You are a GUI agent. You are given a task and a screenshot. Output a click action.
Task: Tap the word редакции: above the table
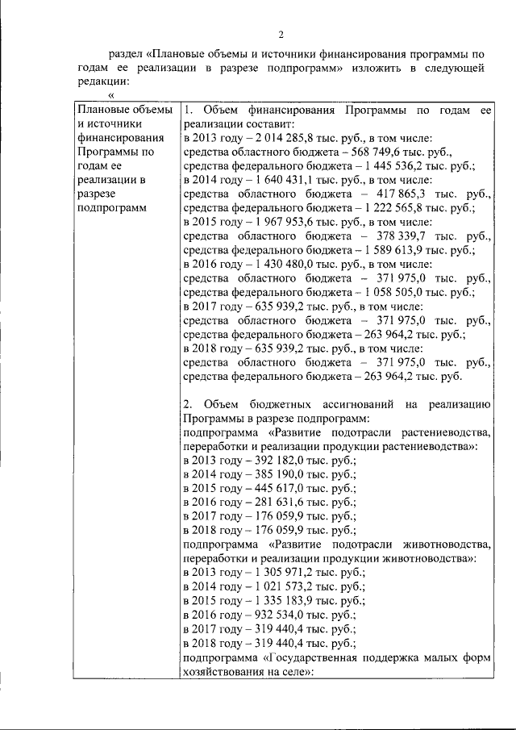[103, 81]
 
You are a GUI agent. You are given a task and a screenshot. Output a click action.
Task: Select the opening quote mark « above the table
[111, 95]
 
